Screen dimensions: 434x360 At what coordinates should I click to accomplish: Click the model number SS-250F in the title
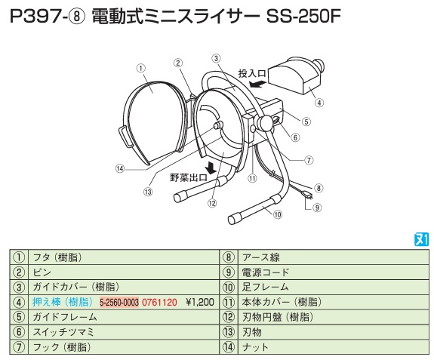click(303, 17)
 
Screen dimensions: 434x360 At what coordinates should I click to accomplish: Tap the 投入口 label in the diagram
click(252, 74)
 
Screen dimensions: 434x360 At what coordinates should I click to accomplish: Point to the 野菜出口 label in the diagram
click(189, 177)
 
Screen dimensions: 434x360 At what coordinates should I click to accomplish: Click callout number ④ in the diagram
click(319, 103)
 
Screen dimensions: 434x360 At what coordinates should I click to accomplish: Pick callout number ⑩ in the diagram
click(277, 214)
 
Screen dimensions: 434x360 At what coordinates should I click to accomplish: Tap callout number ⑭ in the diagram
click(120, 168)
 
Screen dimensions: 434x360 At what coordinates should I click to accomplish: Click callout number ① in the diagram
click(141, 68)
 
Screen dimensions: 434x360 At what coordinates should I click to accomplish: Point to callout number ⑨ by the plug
click(317, 208)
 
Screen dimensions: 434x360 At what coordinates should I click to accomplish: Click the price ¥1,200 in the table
click(200, 302)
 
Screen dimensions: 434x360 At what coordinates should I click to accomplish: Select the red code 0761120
click(159, 302)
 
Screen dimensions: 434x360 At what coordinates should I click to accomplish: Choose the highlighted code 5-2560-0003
click(119, 303)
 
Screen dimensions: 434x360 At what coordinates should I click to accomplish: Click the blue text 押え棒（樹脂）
click(63, 302)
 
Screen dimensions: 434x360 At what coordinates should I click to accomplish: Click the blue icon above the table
click(421, 239)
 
